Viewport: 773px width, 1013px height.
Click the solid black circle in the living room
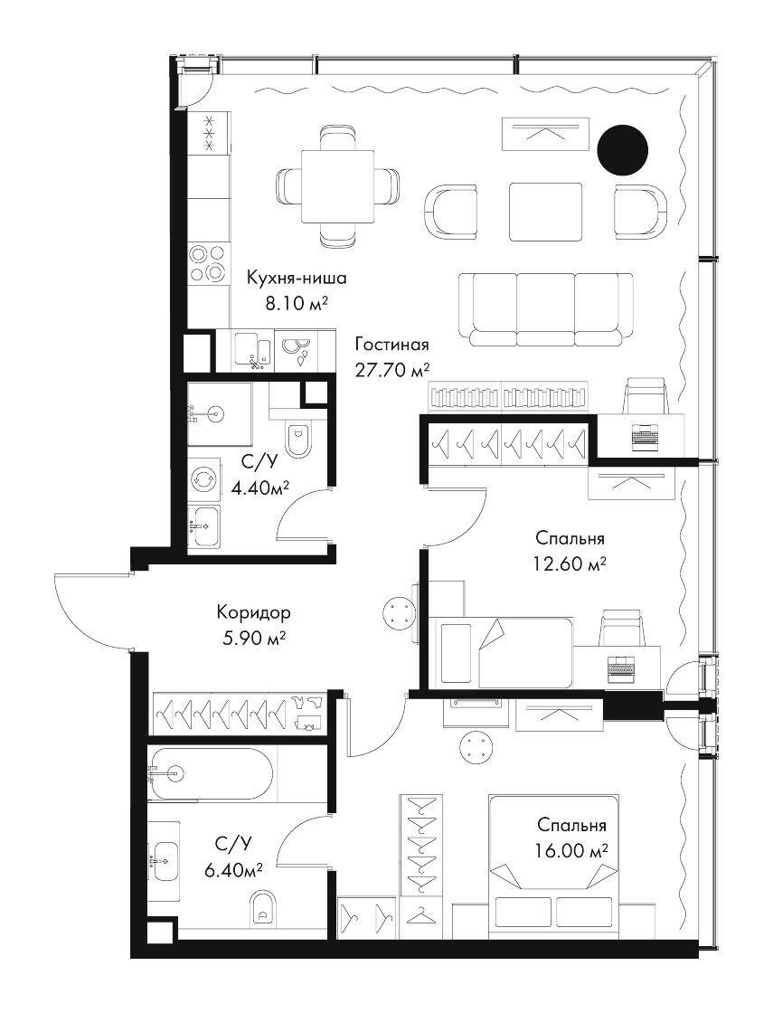point(622,150)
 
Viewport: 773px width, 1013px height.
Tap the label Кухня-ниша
point(297,279)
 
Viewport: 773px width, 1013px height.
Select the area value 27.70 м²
point(392,370)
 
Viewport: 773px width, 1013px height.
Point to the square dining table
point(338,185)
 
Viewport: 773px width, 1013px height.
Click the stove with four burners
point(209,264)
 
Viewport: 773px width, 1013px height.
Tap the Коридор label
point(254,611)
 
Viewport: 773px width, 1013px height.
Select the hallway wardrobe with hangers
point(240,714)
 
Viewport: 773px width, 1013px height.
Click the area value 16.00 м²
point(572,849)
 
